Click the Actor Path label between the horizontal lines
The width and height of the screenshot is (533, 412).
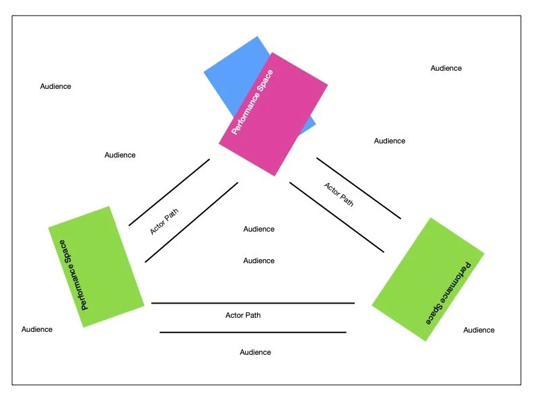(x=243, y=314)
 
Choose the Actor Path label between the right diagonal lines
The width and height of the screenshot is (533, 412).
(x=339, y=194)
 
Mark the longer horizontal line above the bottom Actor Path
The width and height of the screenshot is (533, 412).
(x=253, y=303)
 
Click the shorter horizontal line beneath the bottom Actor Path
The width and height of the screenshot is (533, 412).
(x=253, y=332)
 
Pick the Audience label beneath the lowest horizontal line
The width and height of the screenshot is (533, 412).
(x=256, y=352)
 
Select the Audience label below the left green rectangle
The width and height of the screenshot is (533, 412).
(x=37, y=329)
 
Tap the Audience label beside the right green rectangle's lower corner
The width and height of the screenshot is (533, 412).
(x=479, y=330)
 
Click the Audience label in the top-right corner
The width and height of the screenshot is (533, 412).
(x=446, y=68)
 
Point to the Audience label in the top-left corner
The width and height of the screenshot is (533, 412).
(x=56, y=86)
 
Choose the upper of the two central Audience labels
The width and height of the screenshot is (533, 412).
(x=259, y=229)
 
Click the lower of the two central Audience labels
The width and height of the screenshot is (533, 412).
(x=259, y=261)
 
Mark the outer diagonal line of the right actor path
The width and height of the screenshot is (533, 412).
(x=359, y=188)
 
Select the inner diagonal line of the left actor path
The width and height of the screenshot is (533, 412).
(x=191, y=222)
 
